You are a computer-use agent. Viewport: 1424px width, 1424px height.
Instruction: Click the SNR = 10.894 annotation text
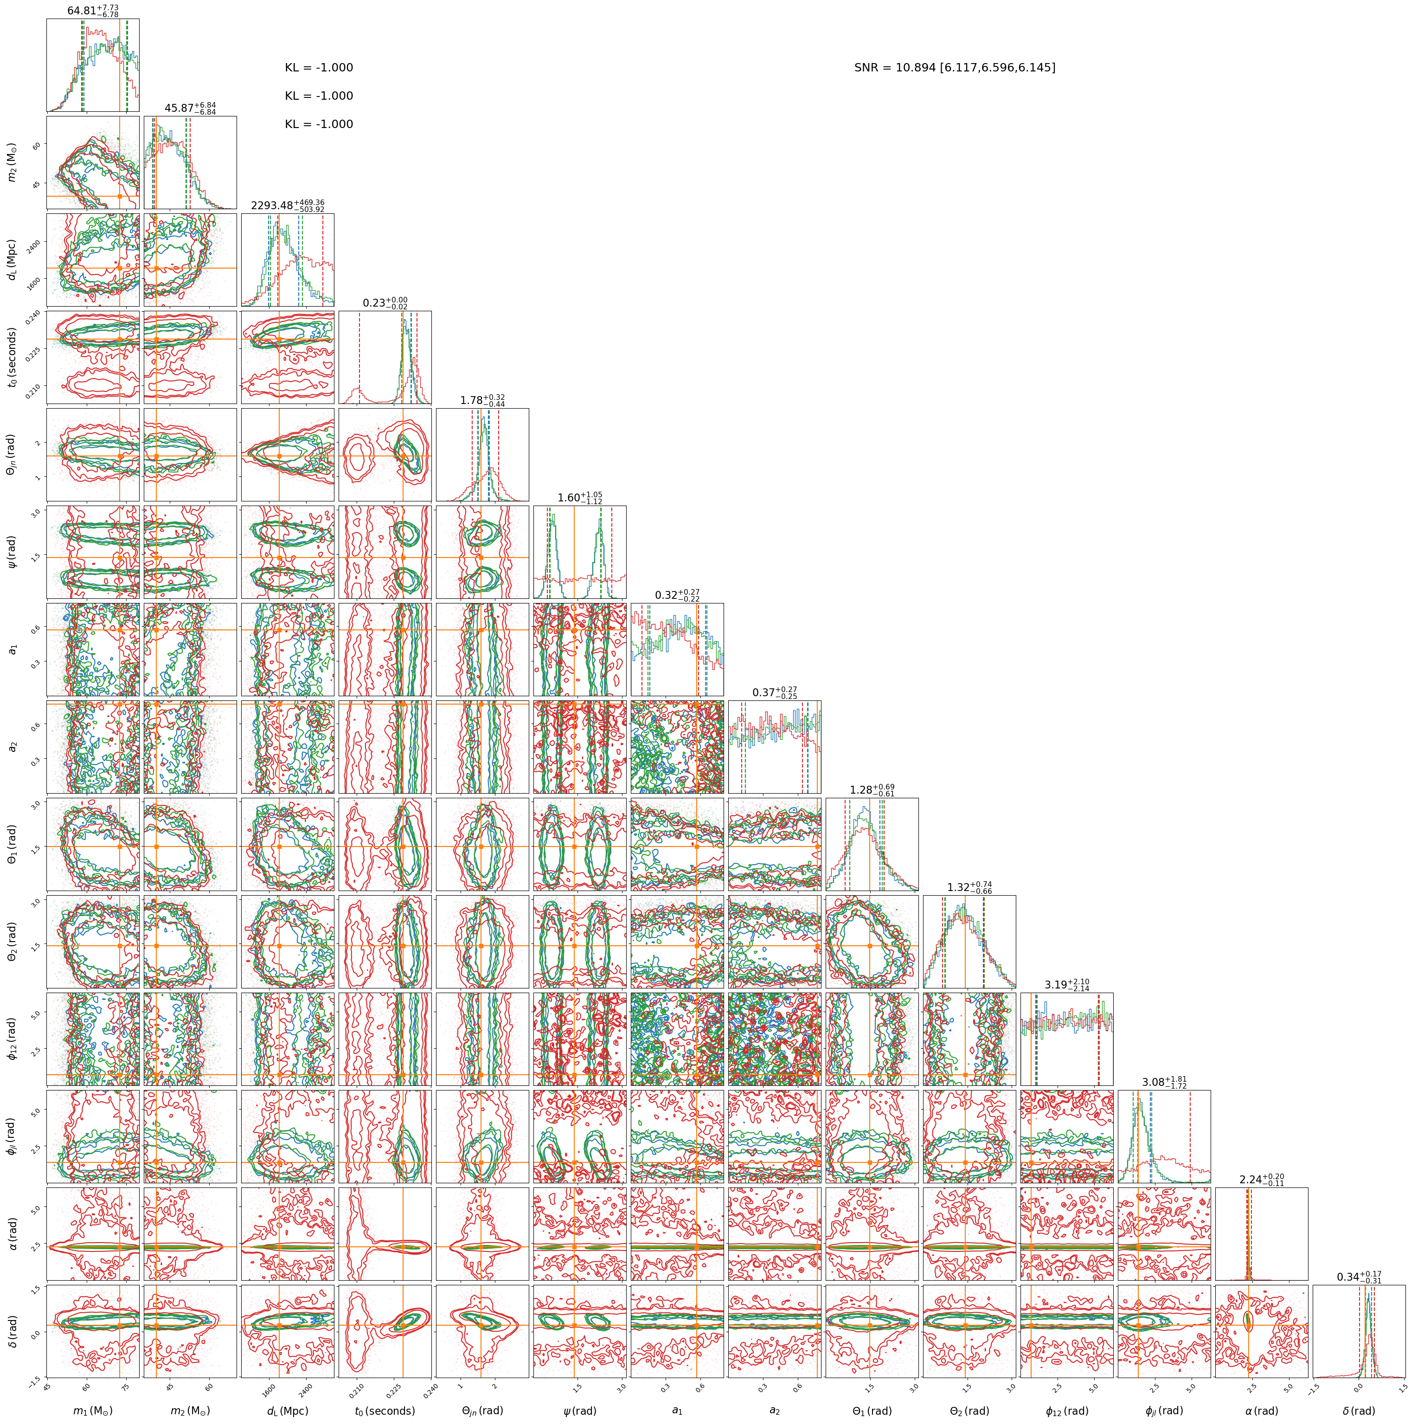tap(955, 68)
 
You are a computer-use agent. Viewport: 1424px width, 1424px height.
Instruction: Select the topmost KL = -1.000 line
tap(319, 68)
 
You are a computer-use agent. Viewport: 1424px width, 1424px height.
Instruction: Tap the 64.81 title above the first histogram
tap(93, 10)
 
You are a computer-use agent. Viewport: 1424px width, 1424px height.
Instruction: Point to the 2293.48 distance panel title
tap(288, 205)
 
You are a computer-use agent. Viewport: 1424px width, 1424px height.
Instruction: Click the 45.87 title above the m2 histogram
tap(190, 108)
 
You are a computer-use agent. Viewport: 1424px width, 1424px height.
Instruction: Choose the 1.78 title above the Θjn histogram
tap(483, 400)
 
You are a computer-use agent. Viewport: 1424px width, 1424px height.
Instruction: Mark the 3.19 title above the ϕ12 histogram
tap(1066, 985)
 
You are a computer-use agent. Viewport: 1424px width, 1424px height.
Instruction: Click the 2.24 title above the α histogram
tap(1262, 1179)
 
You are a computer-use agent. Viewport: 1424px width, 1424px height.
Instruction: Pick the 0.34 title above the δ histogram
tap(1359, 1276)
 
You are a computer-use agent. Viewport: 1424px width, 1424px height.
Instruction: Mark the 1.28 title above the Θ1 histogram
tap(872, 790)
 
